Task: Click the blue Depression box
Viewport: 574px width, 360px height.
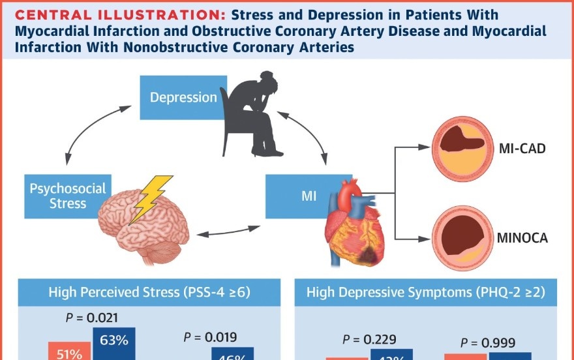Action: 183,98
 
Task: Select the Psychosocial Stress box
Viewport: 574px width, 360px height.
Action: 67,196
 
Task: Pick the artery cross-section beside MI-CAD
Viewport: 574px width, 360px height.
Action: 462,149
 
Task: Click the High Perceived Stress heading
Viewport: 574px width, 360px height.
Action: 149,293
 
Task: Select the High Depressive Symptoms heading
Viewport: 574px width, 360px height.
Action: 426,293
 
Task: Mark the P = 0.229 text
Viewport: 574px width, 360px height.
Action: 369,339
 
